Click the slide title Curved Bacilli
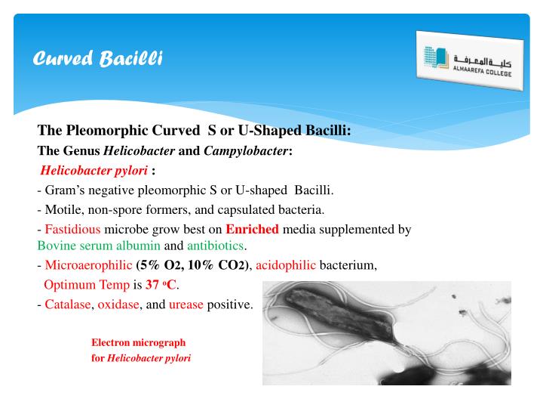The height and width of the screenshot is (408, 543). click(x=99, y=58)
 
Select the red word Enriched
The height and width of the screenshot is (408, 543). click(x=252, y=229)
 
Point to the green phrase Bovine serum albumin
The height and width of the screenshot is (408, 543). click(x=99, y=246)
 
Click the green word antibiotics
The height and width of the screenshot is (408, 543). click(x=215, y=246)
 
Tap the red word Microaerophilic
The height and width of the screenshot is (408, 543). click(x=88, y=265)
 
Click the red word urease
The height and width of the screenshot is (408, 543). click(x=186, y=304)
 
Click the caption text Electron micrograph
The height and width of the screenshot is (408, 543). click(x=138, y=342)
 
